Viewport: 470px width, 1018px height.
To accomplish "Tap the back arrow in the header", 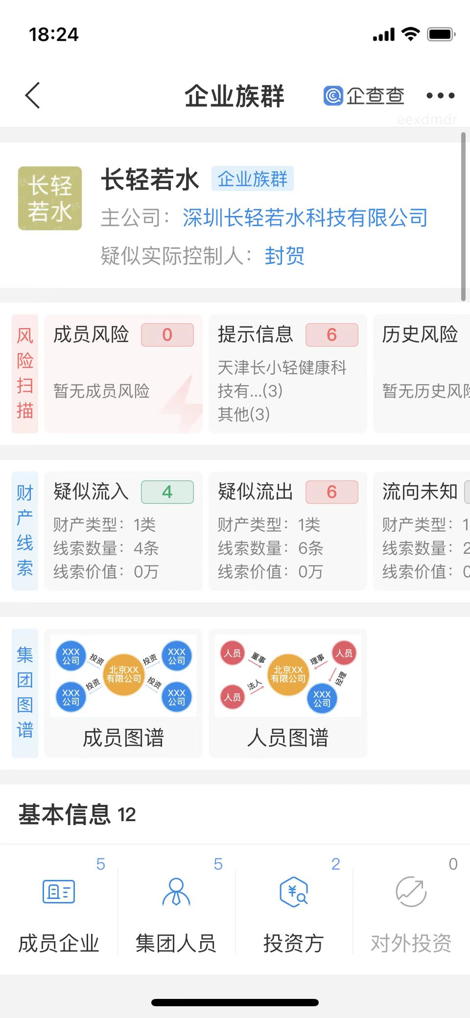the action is click(x=32, y=95).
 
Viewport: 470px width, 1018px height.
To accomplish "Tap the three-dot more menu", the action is click(x=440, y=95).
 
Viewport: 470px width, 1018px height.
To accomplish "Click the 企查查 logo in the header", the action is click(x=364, y=95).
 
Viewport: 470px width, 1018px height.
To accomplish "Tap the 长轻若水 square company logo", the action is click(x=50, y=198).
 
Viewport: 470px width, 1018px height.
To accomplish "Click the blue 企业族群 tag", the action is click(x=252, y=179).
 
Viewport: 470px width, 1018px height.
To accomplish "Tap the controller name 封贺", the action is click(x=284, y=256).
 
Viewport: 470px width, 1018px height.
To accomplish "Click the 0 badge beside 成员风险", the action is click(x=167, y=335).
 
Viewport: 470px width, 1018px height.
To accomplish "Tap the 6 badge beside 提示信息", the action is click(x=331, y=335).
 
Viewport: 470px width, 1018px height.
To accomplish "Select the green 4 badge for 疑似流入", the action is click(x=167, y=492).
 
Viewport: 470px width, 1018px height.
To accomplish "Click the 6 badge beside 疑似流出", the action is click(x=331, y=492).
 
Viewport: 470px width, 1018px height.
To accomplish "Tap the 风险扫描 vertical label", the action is click(x=25, y=374).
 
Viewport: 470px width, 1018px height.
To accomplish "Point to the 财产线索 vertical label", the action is click(x=25, y=530).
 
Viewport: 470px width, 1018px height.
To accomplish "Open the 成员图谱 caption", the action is click(x=123, y=737).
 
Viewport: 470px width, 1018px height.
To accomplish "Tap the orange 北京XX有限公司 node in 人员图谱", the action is click(x=288, y=674).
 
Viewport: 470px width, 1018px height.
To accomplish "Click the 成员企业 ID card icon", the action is click(x=59, y=891).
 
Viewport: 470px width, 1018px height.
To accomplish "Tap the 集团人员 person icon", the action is click(x=176, y=891).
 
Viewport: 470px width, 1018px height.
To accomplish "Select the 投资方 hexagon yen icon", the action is click(x=293, y=892).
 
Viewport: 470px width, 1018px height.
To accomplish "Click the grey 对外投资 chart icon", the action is click(x=411, y=892).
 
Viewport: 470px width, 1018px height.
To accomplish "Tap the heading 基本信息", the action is click(x=64, y=814).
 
